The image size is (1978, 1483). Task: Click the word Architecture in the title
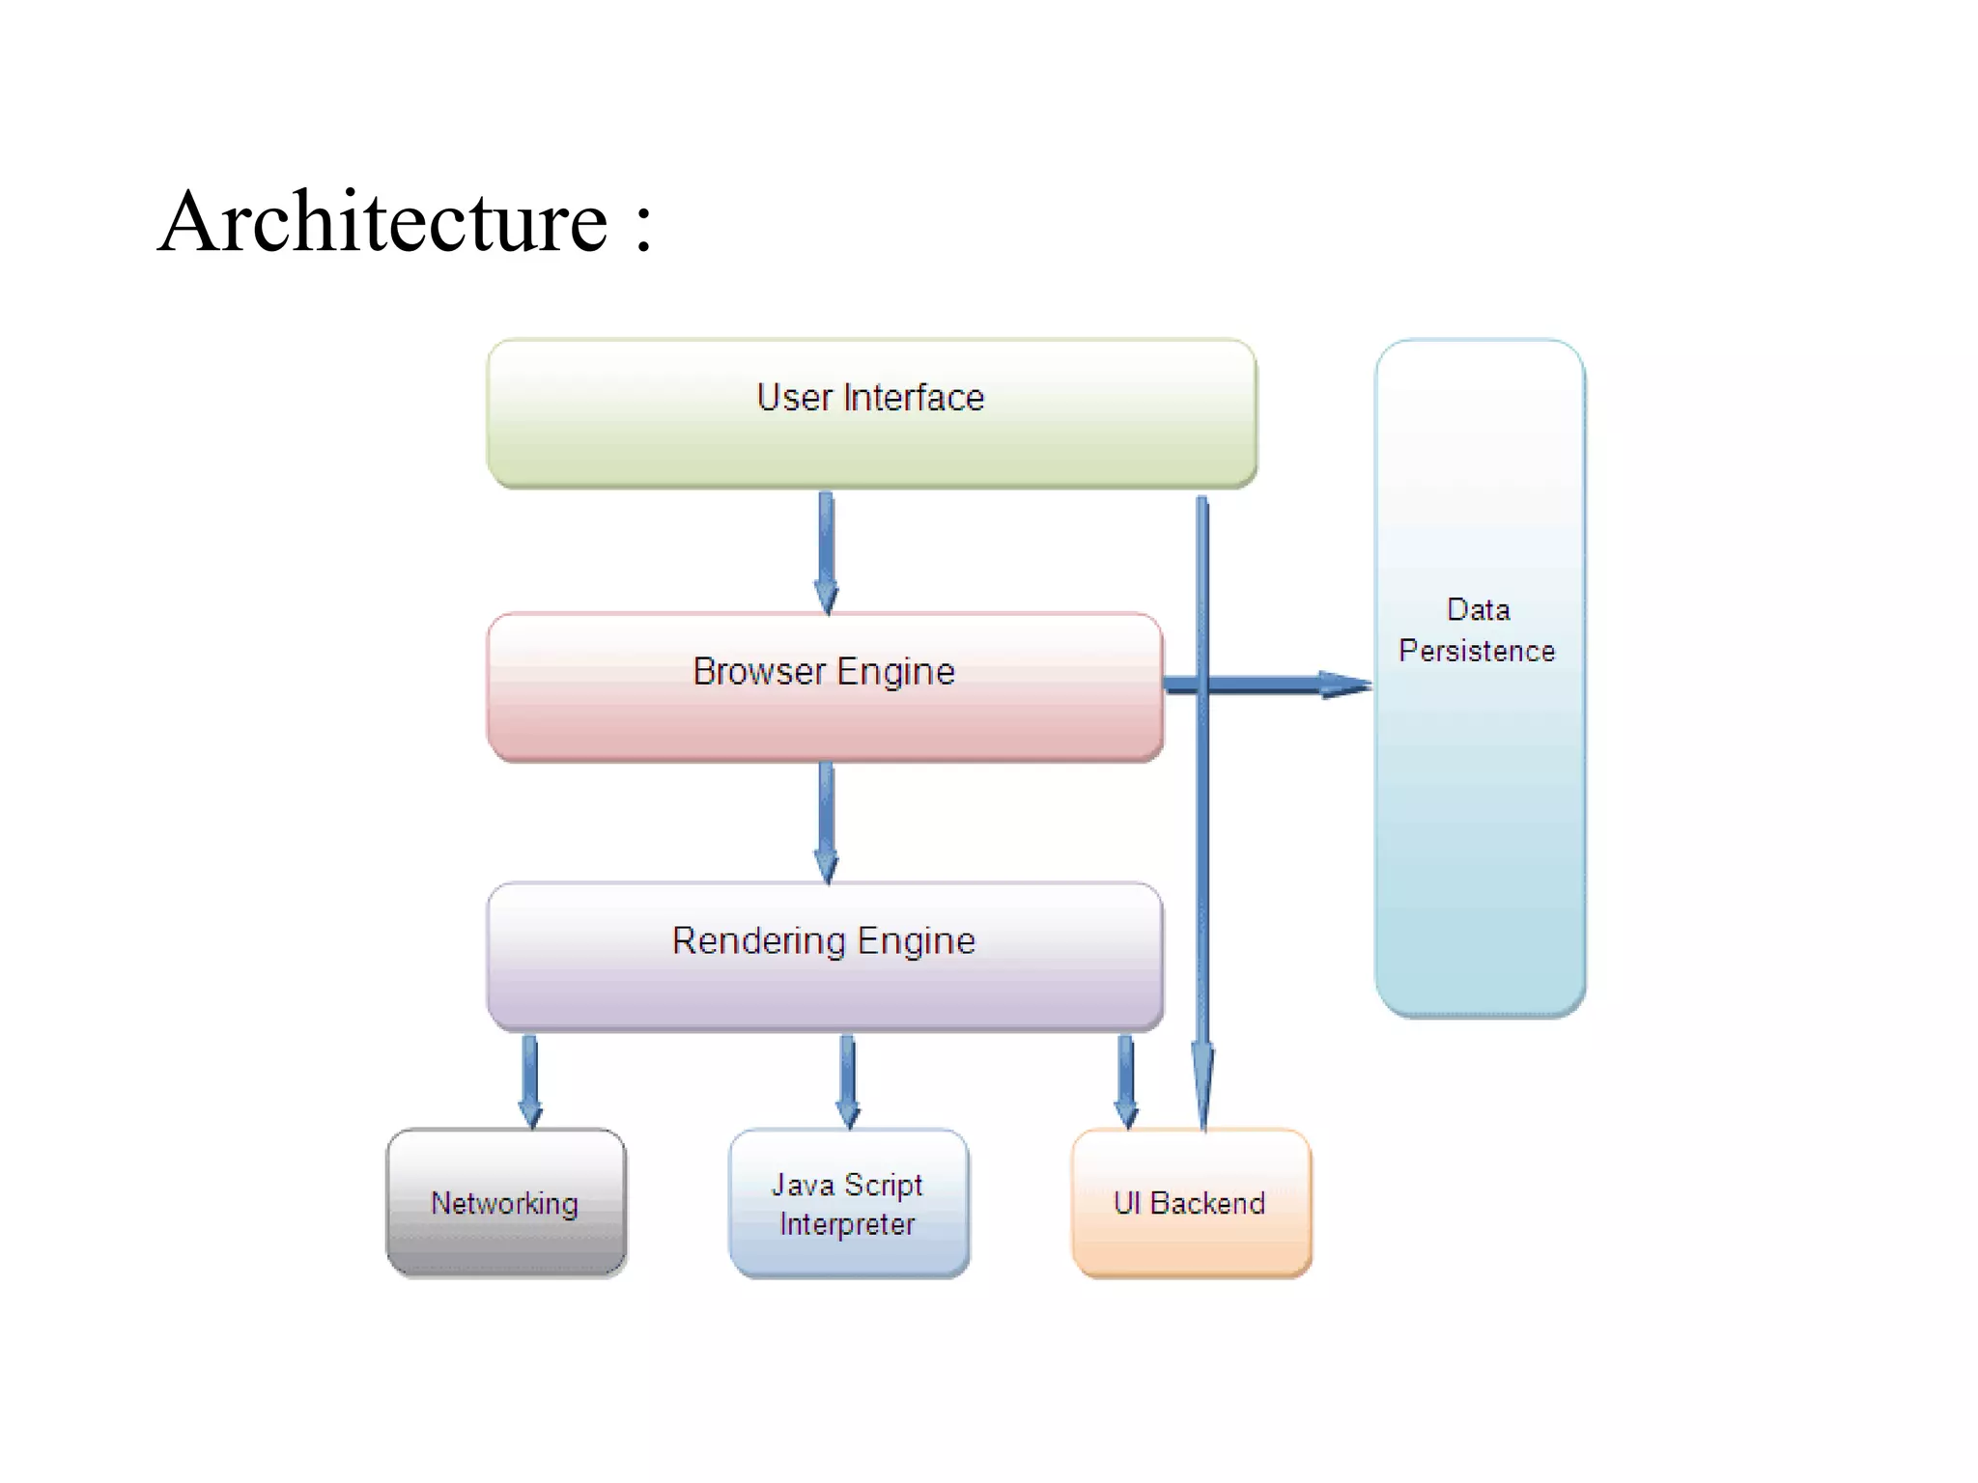pos(383,222)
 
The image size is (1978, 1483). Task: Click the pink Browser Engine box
pos(824,687)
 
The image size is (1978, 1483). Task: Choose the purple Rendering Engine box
pos(824,956)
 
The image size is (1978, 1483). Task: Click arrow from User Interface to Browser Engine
pos(826,550)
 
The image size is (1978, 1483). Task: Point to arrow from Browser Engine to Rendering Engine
pos(826,821)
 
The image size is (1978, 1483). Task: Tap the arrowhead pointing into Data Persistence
pos(1344,685)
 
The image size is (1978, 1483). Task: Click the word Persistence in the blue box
pos(1477,651)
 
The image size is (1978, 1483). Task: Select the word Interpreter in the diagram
pos(847,1224)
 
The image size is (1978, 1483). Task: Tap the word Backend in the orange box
pos(1207,1203)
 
